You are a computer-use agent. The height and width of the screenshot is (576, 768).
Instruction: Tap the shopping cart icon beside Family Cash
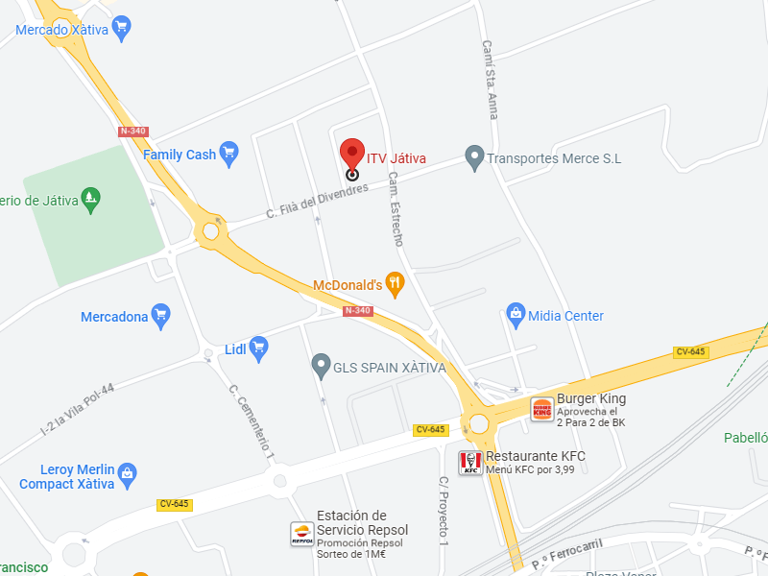pos(228,154)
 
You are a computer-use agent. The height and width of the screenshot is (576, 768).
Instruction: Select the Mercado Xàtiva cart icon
pos(121,29)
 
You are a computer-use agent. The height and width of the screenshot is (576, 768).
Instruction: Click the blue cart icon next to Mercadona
pos(161,315)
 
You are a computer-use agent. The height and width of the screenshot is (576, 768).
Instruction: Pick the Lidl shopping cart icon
pos(258,348)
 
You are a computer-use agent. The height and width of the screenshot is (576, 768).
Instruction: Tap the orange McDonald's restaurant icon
pos(395,284)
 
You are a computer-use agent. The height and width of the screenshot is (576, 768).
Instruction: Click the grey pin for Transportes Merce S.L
pos(473,157)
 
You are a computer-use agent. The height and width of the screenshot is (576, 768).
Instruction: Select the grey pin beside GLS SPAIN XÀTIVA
pos(322,366)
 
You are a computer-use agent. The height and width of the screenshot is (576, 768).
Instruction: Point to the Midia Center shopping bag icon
pos(516,315)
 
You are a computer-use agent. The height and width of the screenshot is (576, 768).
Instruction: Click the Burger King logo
pos(542,409)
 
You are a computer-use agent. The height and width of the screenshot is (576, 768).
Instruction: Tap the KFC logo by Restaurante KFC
pos(471,463)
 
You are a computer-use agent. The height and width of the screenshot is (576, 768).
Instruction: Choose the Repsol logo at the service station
pos(302,536)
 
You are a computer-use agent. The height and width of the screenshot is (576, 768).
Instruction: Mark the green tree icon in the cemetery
pos(90,199)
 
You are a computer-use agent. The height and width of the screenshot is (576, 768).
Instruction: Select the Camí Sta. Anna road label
pos(491,80)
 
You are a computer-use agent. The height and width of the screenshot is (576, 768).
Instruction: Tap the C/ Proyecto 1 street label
pos(444,512)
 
